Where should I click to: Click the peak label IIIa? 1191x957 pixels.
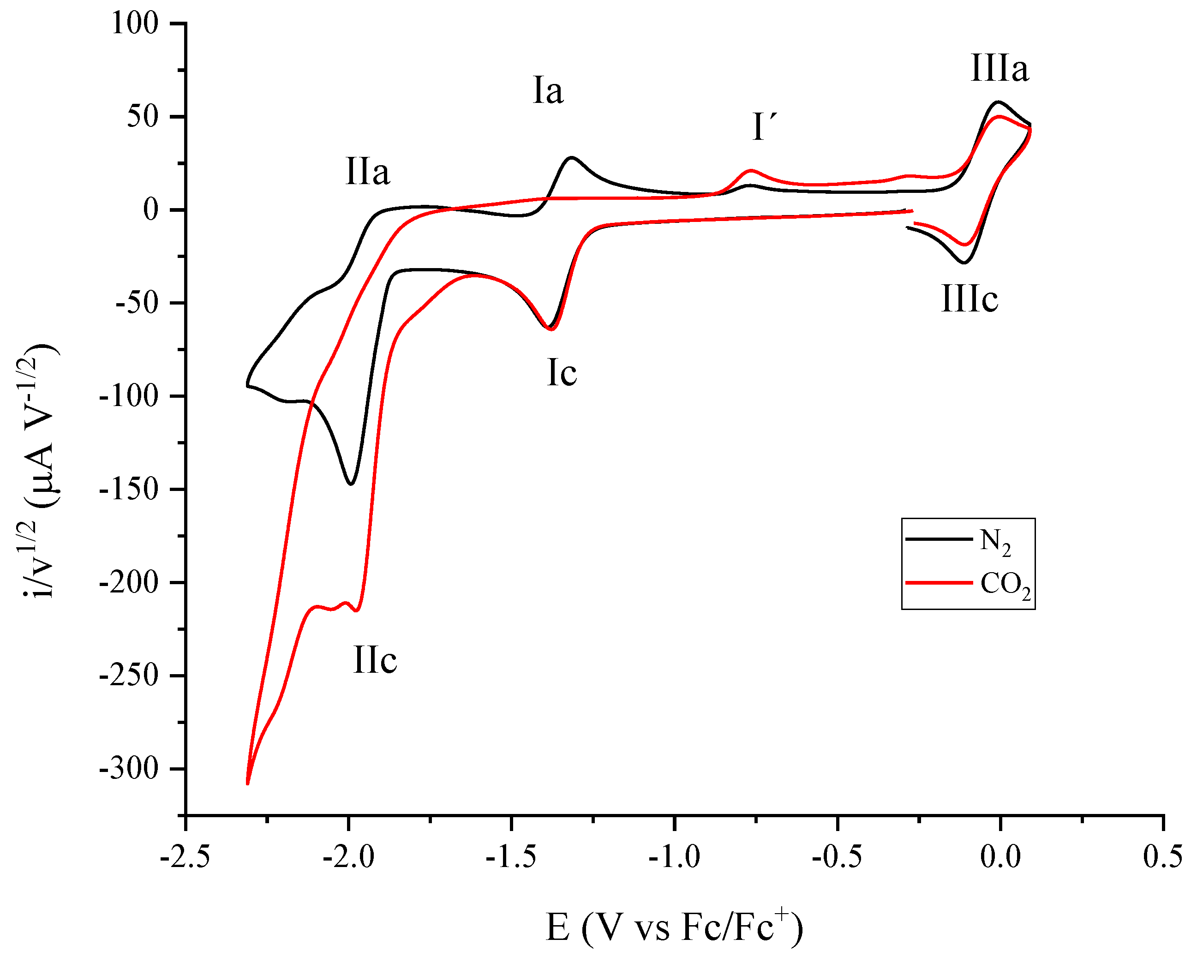pyautogui.click(x=999, y=70)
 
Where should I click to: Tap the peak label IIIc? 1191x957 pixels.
pyautogui.click(x=970, y=299)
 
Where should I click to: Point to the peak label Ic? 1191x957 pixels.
pyautogui.click(x=562, y=373)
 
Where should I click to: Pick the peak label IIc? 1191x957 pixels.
pyautogui.click(x=375, y=660)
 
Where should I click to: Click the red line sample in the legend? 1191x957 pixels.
pyautogui.click(x=939, y=583)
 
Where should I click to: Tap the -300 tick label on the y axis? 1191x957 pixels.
pyautogui.click(x=128, y=769)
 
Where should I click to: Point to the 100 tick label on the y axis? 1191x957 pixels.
pyautogui.click(x=135, y=24)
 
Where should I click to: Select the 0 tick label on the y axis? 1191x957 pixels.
pyautogui.click(x=150, y=210)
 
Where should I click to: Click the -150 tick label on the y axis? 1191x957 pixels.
pyautogui.click(x=128, y=490)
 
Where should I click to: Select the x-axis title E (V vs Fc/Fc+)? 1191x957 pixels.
pyautogui.click(x=674, y=927)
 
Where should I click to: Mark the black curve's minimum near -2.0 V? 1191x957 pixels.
pyautogui.click(x=350, y=484)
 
